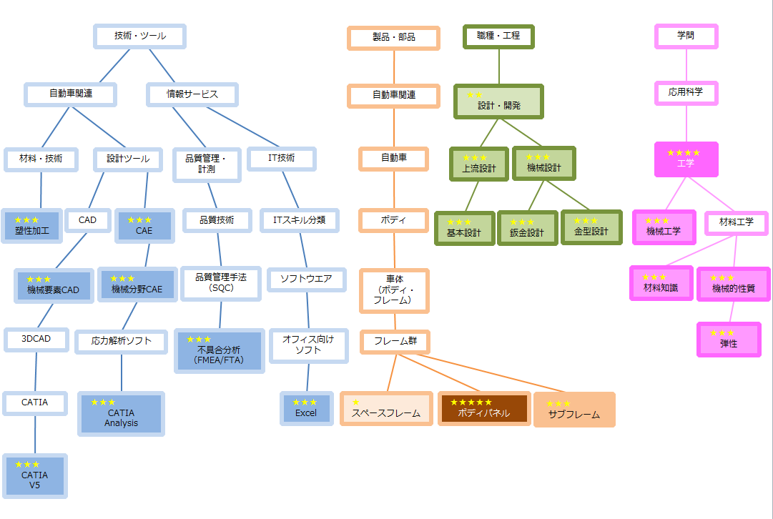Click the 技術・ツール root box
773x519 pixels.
point(140,36)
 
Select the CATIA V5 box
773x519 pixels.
point(34,475)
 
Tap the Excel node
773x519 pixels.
point(306,409)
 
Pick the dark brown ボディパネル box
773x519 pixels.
point(484,409)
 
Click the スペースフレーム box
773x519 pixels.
point(386,409)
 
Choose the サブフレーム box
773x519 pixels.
point(574,410)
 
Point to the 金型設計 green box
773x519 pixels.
point(591,227)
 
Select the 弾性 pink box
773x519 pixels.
point(729,339)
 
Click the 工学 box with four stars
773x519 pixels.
point(686,159)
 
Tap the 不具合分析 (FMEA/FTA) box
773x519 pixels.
point(220,351)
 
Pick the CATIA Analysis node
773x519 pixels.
point(122,414)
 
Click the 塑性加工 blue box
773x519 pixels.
point(32,226)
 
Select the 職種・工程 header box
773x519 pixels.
point(498,36)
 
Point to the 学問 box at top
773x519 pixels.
point(686,36)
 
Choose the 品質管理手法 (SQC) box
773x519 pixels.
point(221,283)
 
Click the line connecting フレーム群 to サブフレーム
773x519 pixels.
point(491,372)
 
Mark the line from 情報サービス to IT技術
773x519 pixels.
point(243,127)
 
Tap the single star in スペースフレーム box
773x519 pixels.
point(356,402)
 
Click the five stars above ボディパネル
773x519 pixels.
point(471,402)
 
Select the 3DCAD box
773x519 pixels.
point(36,339)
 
